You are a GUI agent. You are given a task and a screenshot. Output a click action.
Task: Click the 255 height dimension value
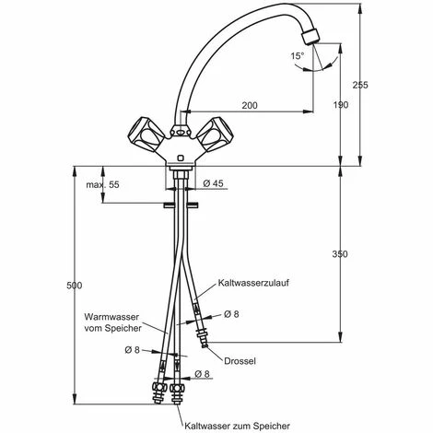[x=360, y=85]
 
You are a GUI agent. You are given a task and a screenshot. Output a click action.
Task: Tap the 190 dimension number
[x=341, y=105]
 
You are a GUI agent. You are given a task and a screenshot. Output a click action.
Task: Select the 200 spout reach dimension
[x=250, y=105]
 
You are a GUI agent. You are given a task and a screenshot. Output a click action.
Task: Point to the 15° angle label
[x=298, y=56]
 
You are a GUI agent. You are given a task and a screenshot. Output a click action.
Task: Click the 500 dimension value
[x=75, y=286]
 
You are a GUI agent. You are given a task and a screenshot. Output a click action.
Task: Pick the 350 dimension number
[x=340, y=254]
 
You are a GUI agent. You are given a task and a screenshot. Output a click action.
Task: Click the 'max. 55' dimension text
[x=102, y=185]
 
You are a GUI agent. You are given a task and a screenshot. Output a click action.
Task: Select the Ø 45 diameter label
[x=214, y=183]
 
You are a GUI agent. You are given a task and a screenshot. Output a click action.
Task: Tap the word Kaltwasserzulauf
[x=253, y=283]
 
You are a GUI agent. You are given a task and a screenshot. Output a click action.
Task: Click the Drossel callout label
[x=240, y=361]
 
